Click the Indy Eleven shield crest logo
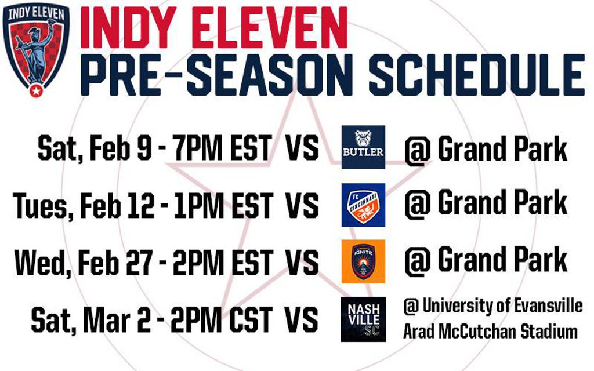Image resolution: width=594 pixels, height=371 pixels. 36,50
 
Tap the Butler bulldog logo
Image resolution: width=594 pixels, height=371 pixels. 363,147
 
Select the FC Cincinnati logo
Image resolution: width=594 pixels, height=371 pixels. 363,205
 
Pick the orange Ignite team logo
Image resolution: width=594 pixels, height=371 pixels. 363,261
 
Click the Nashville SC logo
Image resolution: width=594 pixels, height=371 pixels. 363,319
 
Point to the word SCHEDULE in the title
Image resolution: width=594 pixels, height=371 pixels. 477,75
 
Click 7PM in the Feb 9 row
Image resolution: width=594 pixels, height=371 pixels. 198,148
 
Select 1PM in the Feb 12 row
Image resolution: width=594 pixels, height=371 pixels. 199,206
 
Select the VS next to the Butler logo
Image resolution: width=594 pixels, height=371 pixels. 302,148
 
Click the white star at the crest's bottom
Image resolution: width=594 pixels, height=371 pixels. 36,91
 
